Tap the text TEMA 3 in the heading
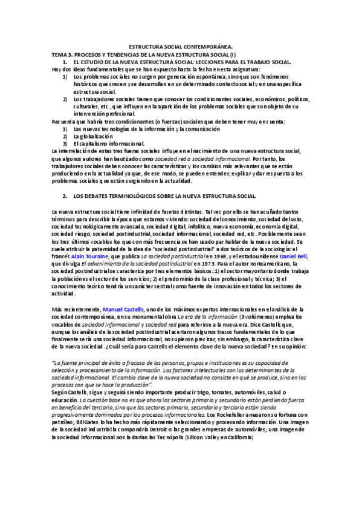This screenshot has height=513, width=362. [62, 54]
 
